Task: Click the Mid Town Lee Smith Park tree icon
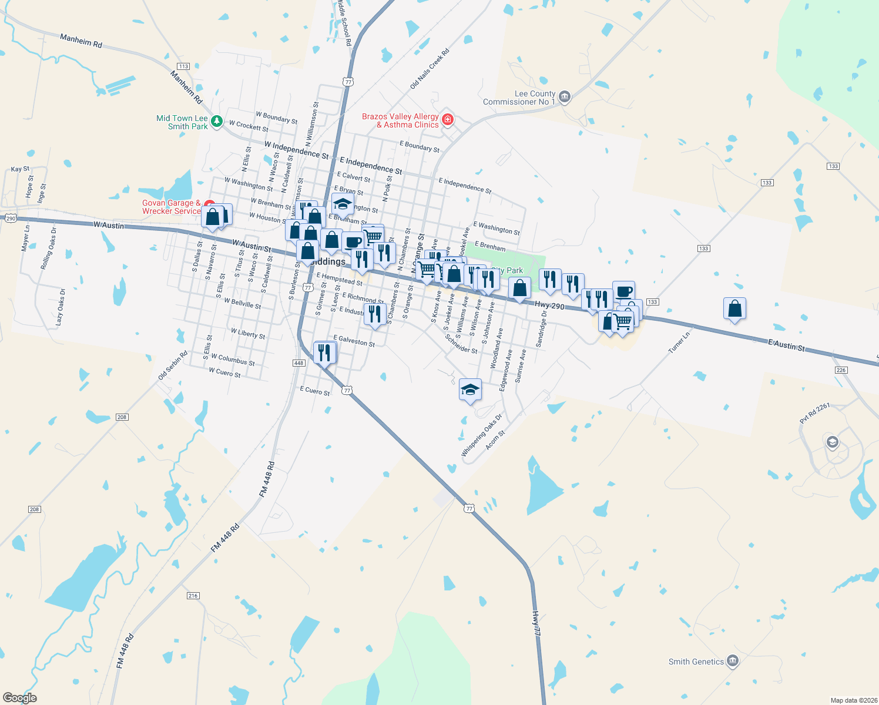point(217,122)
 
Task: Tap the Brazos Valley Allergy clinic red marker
point(448,120)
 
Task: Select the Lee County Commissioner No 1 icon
point(565,97)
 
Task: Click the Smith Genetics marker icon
point(732,662)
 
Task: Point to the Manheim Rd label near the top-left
point(81,41)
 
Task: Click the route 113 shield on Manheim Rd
point(183,66)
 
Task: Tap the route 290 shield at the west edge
point(11,219)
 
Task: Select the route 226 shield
point(841,370)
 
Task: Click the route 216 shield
point(193,596)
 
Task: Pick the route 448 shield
point(298,363)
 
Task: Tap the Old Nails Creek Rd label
point(430,69)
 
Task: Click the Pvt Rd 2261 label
point(814,414)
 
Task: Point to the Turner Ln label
point(679,343)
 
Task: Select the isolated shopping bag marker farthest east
point(734,308)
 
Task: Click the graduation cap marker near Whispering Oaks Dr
point(470,390)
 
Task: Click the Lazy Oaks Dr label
point(61,307)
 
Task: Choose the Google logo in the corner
point(19,697)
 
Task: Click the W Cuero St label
point(224,372)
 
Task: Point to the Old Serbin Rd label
point(173,365)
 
